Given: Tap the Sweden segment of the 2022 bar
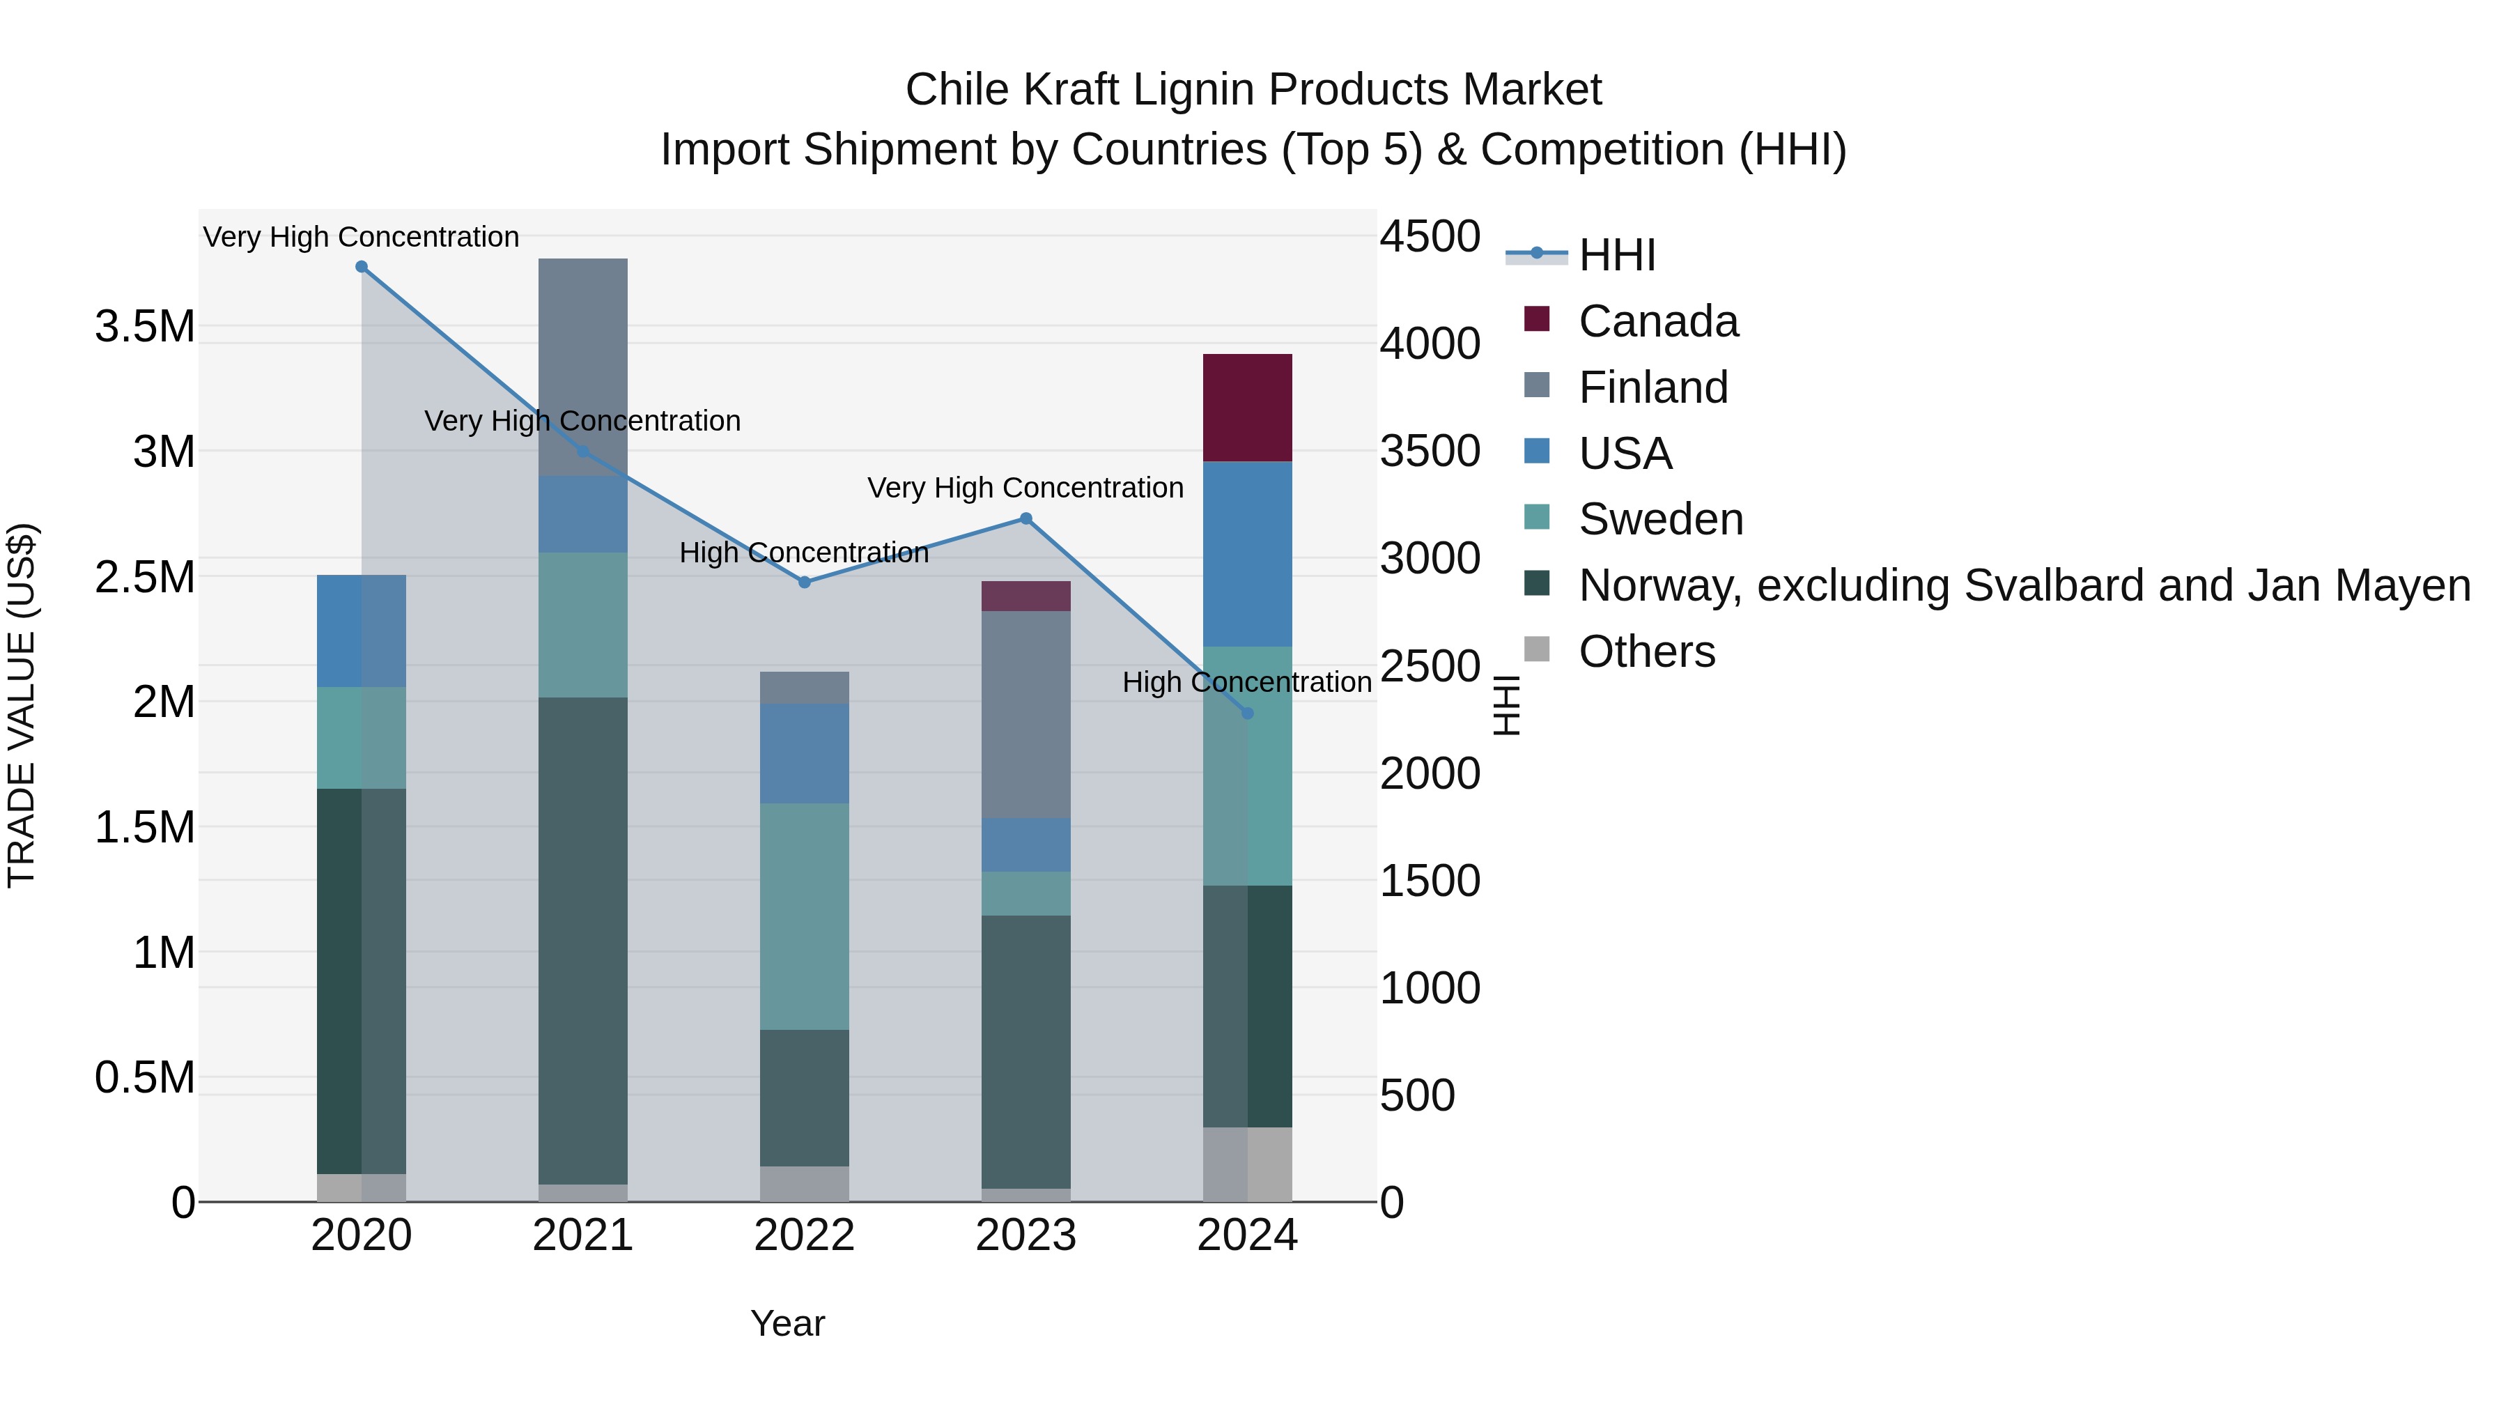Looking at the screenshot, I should [x=804, y=916].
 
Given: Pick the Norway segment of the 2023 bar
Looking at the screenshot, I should [x=1025, y=1051].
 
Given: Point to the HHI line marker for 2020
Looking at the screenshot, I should [x=361, y=267].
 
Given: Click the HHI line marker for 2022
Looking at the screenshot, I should [x=804, y=583].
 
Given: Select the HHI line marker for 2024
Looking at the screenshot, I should [x=1247, y=713].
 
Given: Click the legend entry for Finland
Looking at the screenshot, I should [x=1652, y=387].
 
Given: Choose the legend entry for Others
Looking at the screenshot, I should [x=1646, y=651].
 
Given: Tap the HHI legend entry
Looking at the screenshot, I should [x=1616, y=255].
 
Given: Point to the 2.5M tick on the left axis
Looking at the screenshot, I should [x=144, y=576].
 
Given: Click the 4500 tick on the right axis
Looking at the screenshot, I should [x=1430, y=237].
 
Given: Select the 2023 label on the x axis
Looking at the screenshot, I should [x=1025, y=1235].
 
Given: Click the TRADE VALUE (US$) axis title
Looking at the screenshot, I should [x=22, y=705].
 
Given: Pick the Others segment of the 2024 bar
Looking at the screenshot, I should [x=1247, y=1164].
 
